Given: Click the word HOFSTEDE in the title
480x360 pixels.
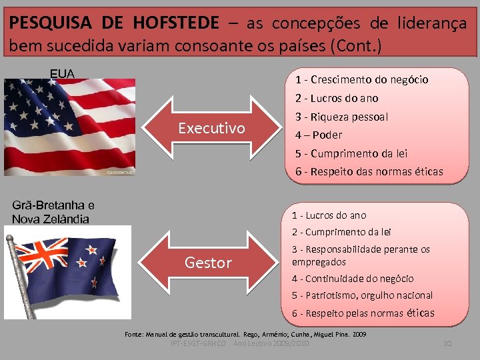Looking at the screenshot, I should pyautogui.click(x=175, y=23).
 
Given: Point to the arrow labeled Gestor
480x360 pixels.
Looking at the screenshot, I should pyautogui.click(x=208, y=263).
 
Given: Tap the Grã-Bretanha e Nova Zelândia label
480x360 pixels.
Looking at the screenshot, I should pyautogui.click(x=53, y=212).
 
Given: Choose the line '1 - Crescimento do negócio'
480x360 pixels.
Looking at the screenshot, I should pyautogui.click(x=361, y=80).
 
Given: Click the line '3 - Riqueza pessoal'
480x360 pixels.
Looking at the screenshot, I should pyautogui.click(x=341, y=117).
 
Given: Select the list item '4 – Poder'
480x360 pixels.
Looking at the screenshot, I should pyautogui.click(x=318, y=135).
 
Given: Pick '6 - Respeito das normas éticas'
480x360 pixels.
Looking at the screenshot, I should pyautogui.click(x=369, y=171).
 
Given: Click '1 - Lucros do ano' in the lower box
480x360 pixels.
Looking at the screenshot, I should pyautogui.click(x=329, y=215).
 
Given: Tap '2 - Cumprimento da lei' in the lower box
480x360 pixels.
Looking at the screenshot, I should pyautogui.click(x=341, y=232).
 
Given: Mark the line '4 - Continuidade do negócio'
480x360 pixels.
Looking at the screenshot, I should pyautogui.click(x=352, y=279).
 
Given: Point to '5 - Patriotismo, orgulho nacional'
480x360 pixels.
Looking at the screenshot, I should pyautogui.click(x=362, y=295).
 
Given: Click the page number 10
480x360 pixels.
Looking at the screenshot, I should pyautogui.click(x=447, y=343).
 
